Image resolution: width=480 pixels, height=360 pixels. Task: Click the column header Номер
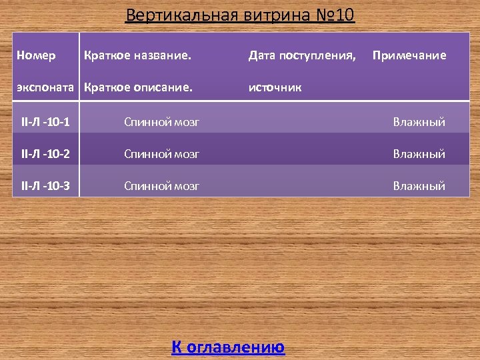[x=36, y=55]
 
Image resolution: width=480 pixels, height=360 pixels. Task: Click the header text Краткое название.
[x=137, y=55]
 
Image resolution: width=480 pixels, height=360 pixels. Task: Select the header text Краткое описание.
[x=138, y=87]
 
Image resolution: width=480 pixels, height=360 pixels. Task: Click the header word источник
[x=275, y=87]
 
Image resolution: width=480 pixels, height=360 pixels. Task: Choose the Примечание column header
[x=409, y=55]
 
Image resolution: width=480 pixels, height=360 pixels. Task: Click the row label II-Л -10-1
[x=46, y=122]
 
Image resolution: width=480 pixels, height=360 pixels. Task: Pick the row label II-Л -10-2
[x=46, y=154]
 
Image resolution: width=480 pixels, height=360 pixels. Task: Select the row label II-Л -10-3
[x=46, y=186]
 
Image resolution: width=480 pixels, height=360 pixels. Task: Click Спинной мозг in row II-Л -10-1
[x=162, y=122]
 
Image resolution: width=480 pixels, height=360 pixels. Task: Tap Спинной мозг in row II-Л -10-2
[x=162, y=154]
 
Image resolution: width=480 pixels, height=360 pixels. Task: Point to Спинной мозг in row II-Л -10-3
[x=162, y=186]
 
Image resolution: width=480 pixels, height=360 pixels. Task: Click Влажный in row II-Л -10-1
[x=419, y=122]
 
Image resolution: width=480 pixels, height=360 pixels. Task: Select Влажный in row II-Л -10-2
[x=419, y=154]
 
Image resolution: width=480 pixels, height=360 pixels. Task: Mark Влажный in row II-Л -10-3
[x=419, y=186]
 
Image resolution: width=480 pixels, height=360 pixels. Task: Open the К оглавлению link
[x=228, y=347]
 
